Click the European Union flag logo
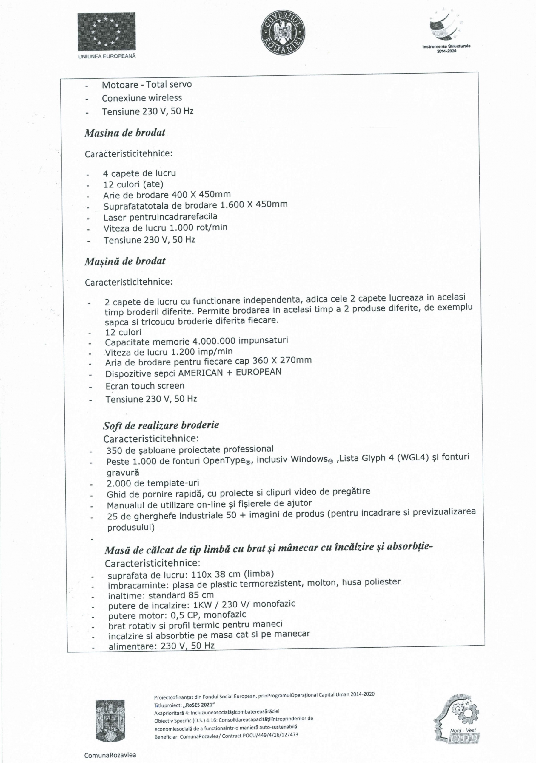107,31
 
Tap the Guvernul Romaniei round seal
282,32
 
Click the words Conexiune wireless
142,98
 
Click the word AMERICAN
200,373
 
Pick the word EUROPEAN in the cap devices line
258,372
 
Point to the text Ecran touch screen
145,386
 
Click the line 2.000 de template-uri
153,483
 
